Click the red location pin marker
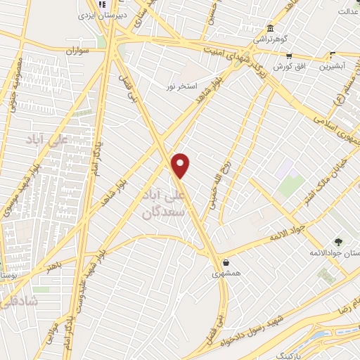(181, 165)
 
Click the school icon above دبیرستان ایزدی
(101, 4)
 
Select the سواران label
(79, 51)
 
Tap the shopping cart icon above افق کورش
(289, 56)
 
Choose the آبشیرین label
(334, 67)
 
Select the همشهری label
(226, 272)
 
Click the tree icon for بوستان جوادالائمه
(338, 241)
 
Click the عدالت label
(347, 11)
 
